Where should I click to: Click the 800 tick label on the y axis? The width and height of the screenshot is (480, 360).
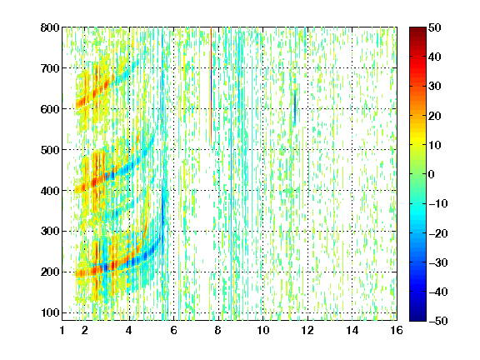(x=50, y=27)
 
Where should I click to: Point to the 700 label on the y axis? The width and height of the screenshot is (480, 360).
(x=50, y=68)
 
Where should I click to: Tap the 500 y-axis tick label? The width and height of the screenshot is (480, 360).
(x=50, y=150)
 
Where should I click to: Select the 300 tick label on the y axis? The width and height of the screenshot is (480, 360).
(x=50, y=232)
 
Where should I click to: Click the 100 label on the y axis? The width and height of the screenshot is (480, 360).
(x=50, y=312)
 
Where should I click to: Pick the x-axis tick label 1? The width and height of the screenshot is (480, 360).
(x=62, y=330)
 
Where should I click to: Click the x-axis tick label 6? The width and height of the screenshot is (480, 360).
(x=174, y=330)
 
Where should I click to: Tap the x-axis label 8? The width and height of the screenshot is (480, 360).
(x=218, y=330)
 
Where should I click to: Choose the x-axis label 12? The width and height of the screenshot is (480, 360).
(x=307, y=330)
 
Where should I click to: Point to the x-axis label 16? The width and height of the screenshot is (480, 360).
(x=397, y=330)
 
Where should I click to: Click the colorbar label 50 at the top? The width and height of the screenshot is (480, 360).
(x=434, y=27)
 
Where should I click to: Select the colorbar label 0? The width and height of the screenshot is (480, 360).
(x=432, y=174)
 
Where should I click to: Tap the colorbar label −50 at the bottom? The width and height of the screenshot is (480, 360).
(x=438, y=321)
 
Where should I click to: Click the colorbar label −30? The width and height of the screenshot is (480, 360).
(x=438, y=262)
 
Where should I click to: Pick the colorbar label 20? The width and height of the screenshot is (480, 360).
(x=434, y=116)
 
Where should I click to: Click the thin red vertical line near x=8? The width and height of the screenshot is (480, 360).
(x=211, y=86)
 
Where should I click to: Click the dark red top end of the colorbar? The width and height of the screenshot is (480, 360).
(x=417, y=31)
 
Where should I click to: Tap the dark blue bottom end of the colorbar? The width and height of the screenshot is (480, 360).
(x=417, y=317)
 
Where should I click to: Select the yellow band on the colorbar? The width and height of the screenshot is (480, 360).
(x=417, y=139)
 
